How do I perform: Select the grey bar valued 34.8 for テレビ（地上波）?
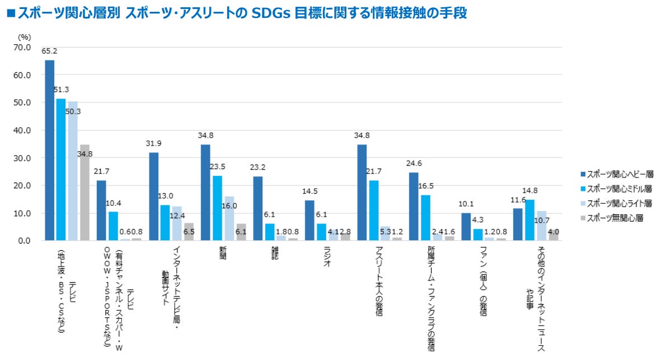tap(85, 193)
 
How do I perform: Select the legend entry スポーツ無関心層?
tap(614, 218)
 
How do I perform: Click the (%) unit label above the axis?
tap(24, 36)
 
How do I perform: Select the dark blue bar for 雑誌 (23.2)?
tap(257, 208)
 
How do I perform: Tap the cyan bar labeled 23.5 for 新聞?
tap(218, 208)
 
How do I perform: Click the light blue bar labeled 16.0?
tap(229, 218)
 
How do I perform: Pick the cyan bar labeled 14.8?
tap(529, 220)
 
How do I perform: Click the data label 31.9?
tap(154, 143)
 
